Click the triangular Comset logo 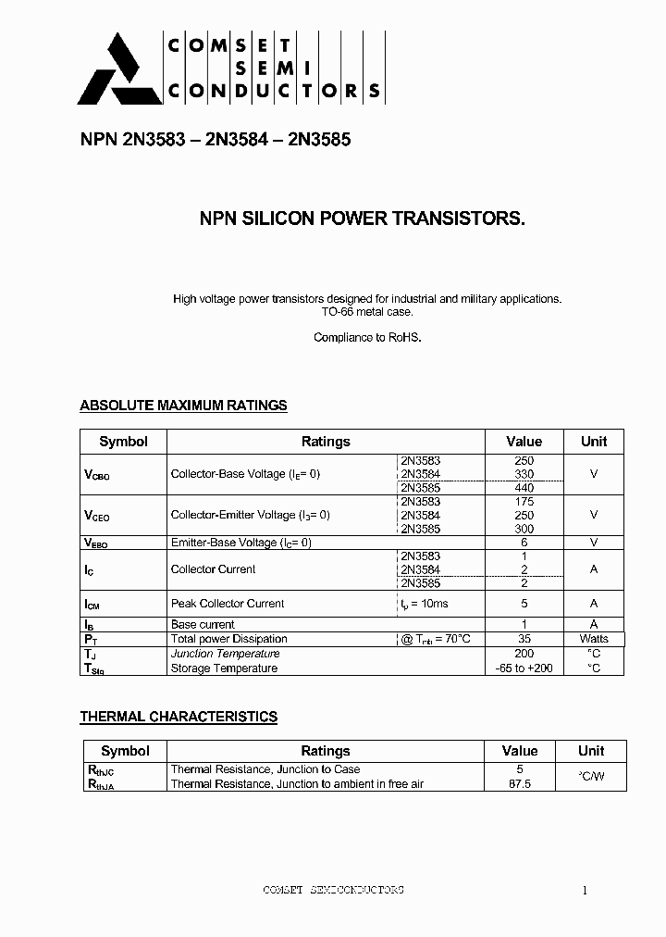pos(109,70)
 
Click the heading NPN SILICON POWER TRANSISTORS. pos(363,219)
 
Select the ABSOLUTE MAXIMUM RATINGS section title pos(183,406)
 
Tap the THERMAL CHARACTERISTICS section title pos(179,717)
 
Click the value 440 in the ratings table pos(524,488)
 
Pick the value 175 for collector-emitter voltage pos(524,502)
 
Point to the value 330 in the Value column pos(524,474)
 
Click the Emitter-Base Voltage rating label pos(240,543)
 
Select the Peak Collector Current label pos(228,604)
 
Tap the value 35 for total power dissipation pos(524,639)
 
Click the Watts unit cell pos(594,639)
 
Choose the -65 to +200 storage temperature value pos(524,668)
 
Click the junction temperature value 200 pos(524,654)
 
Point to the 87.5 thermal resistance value pos(520,784)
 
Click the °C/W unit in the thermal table pos(591,777)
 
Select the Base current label pos(203,625)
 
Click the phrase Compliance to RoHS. pos(367,338)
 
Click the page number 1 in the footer pos(585,891)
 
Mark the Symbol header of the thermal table pos(125,751)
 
